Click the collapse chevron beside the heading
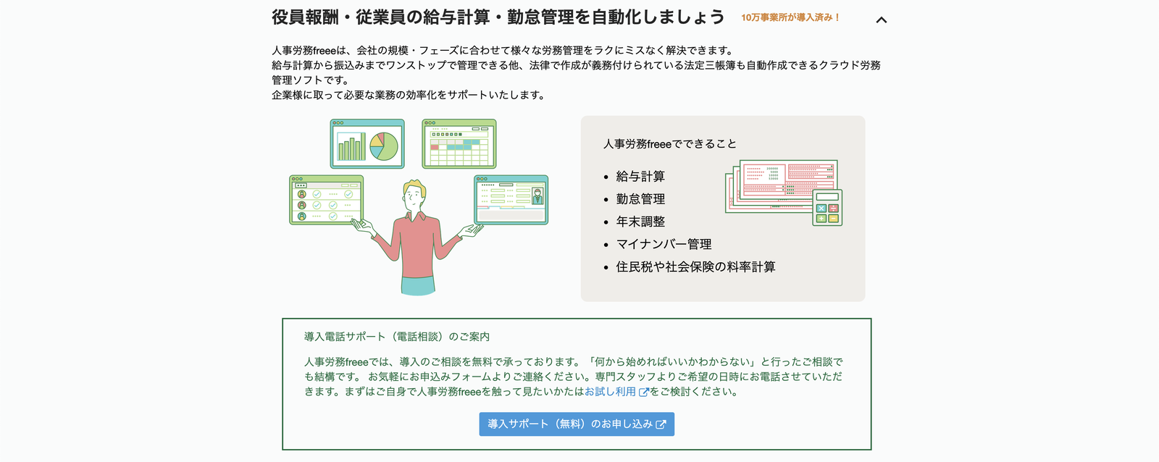pos(881,20)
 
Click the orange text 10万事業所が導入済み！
pos(790,17)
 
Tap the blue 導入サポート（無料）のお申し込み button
pos(577,424)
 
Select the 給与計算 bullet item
pos(640,177)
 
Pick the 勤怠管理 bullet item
pos(640,199)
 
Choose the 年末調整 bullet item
pos(640,222)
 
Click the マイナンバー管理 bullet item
pos(664,244)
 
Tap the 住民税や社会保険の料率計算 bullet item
pos(695,267)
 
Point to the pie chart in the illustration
pos(383,146)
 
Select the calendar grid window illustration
pos(459,144)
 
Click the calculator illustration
pos(827,207)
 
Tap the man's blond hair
pos(416,188)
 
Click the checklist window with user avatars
pos(326,200)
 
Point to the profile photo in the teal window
pos(537,196)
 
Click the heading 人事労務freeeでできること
pos(669,144)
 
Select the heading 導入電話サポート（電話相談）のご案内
pos(397,337)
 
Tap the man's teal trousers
pos(418,285)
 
